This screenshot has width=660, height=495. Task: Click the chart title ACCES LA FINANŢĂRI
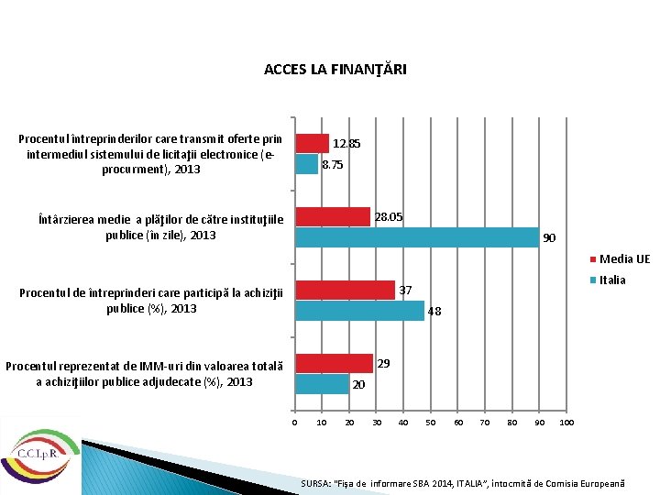pyautogui.click(x=335, y=70)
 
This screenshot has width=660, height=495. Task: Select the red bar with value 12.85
pyautogui.click(x=312, y=143)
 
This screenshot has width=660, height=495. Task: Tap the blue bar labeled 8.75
pyautogui.click(x=306, y=164)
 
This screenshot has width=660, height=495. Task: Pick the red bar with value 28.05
pyautogui.click(x=332, y=216)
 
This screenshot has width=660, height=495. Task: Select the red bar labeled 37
pyautogui.click(x=344, y=290)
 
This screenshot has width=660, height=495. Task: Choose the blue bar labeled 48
pyautogui.click(x=359, y=311)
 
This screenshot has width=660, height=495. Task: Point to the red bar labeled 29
pyautogui.click(x=333, y=363)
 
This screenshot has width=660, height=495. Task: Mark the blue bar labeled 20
pyautogui.click(x=321, y=384)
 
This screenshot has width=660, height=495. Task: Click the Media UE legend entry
pyautogui.click(x=623, y=259)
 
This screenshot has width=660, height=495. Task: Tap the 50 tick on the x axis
pyautogui.click(x=431, y=423)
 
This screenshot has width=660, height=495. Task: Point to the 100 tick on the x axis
pyautogui.click(x=566, y=423)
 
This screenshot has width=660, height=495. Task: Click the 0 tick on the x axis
pyautogui.click(x=294, y=423)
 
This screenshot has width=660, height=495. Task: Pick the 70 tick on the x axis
pyautogui.click(x=485, y=423)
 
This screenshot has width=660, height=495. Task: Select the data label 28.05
pyautogui.click(x=388, y=216)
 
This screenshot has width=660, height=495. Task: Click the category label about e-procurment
pyautogui.click(x=150, y=154)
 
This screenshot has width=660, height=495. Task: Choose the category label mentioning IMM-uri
pyautogui.click(x=144, y=374)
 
